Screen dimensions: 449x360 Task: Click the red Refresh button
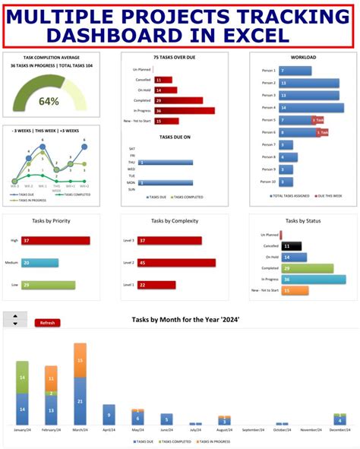click(47, 323)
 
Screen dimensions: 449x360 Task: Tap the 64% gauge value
click(49, 101)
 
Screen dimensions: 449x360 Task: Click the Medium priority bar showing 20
click(39, 263)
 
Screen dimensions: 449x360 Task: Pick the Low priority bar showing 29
click(48, 285)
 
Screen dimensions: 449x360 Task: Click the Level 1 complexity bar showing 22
click(156, 285)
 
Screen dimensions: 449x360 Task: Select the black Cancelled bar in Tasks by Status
click(292, 246)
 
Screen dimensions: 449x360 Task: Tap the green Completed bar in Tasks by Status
click(307, 268)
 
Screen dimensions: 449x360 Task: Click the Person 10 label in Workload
click(268, 183)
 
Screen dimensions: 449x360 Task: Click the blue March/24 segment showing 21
click(80, 401)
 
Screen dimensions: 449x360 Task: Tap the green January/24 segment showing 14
click(23, 377)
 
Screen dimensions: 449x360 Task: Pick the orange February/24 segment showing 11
click(51, 377)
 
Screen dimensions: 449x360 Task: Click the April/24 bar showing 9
click(109, 415)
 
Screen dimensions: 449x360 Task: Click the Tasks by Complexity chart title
click(179, 221)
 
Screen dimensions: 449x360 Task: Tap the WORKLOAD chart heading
click(303, 58)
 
